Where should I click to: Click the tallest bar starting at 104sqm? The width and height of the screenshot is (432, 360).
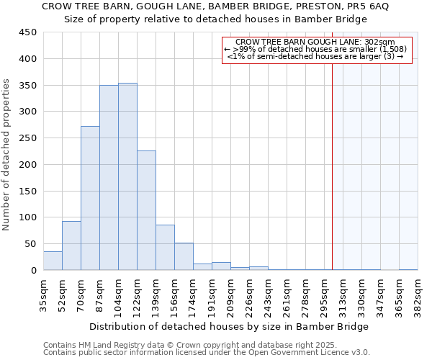[x=127, y=176]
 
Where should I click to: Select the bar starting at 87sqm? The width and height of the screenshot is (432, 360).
[x=109, y=178]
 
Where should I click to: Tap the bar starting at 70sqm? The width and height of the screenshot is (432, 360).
[x=90, y=198]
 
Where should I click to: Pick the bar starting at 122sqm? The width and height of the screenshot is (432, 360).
[x=146, y=210]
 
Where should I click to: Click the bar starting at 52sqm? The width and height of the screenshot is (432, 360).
[x=71, y=246]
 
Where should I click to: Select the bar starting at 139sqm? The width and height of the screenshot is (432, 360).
[x=165, y=248]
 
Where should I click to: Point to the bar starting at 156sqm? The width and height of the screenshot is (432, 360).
[x=184, y=257]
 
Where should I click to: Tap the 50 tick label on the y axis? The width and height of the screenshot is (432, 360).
[x=31, y=244]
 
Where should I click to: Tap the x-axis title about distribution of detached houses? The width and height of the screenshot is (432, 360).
[x=229, y=326]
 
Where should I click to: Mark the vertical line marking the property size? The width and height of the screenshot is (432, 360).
[x=332, y=166]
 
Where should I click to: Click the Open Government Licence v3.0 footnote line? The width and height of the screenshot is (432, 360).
[x=206, y=352]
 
